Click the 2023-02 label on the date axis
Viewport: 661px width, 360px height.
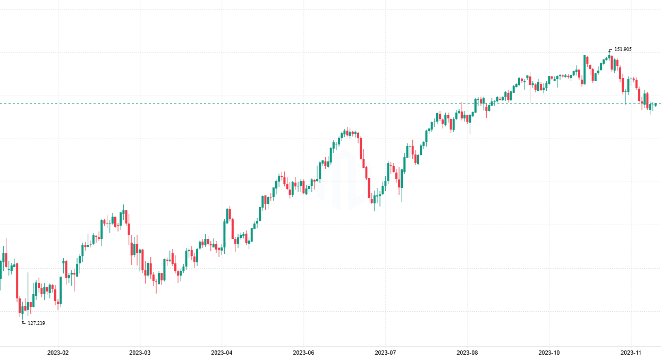(x=58, y=353)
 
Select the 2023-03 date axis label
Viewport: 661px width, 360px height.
(x=140, y=353)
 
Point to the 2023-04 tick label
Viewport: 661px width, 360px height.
(x=222, y=353)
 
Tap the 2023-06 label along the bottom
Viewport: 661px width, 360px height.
(x=303, y=353)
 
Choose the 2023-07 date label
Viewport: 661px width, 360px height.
(x=385, y=353)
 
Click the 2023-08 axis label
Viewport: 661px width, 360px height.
(x=467, y=353)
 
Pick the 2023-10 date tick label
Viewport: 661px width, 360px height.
(x=549, y=353)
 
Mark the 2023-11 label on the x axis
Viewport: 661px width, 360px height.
(x=631, y=353)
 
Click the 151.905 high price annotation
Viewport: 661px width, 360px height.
(x=623, y=49)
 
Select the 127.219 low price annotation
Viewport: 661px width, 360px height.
(x=36, y=323)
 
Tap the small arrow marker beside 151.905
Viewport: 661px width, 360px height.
(x=610, y=50)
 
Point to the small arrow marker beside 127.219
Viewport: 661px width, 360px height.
(x=23, y=322)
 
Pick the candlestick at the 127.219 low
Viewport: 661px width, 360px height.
(x=23, y=311)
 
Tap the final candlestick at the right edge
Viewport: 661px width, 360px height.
(x=656, y=105)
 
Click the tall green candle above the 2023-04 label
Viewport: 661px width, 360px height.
(x=224, y=234)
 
